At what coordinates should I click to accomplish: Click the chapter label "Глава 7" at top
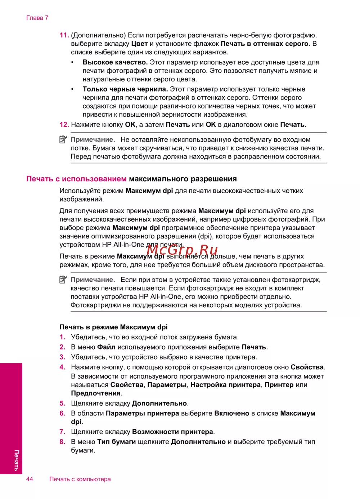click(x=37, y=18)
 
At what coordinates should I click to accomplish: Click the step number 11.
click(x=64, y=35)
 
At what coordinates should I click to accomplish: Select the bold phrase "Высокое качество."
click(x=115, y=62)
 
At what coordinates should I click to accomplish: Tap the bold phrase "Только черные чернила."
click(x=125, y=89)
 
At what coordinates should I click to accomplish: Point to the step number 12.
click(x=64, y=125)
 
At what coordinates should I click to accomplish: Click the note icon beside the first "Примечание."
click(x=63, y=139)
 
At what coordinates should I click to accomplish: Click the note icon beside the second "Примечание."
click(x=63, y=280)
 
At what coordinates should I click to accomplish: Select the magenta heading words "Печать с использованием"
click(x=76, y=179)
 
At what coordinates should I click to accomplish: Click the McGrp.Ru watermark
click(x=182, y=249)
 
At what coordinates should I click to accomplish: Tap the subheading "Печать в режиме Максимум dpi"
click(x=113, y=327)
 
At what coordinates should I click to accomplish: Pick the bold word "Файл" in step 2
click(x=106, y=347)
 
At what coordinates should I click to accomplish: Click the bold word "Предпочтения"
click(x=96, y=393)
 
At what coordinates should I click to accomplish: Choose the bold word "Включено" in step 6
click(x=232, y=414)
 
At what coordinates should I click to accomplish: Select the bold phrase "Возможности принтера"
click(x=172, y=432)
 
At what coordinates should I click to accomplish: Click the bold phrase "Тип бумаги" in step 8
click(x=116, y=442)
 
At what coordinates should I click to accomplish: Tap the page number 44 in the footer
click(x=30, y=479)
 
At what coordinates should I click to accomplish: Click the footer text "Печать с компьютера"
click(x=80, y=479)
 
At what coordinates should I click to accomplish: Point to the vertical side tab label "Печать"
click(x=16, y=460)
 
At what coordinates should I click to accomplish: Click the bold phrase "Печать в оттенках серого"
click(x=265, y=44)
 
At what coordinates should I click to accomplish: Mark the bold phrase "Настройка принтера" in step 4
click(x=225, y=385)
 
